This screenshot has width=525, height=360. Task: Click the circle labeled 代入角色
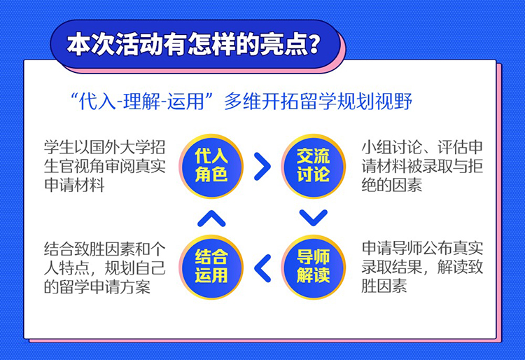click(211, 166)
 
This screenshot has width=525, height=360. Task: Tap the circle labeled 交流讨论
click(314, 166)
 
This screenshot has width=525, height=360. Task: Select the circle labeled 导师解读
click(314, 267)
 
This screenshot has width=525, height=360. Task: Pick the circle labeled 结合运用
click(211, 267)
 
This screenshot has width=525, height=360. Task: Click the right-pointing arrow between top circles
click(262, 167)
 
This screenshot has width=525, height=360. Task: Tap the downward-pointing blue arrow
click(314, 218)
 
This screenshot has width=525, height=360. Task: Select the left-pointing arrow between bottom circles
click(262, 268)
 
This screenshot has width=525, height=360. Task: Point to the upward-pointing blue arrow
click(211, 219)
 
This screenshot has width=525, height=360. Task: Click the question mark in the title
click(314, 44)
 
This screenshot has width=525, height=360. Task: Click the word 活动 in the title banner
click(139, 44)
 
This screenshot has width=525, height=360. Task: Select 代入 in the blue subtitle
click(97, 101)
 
